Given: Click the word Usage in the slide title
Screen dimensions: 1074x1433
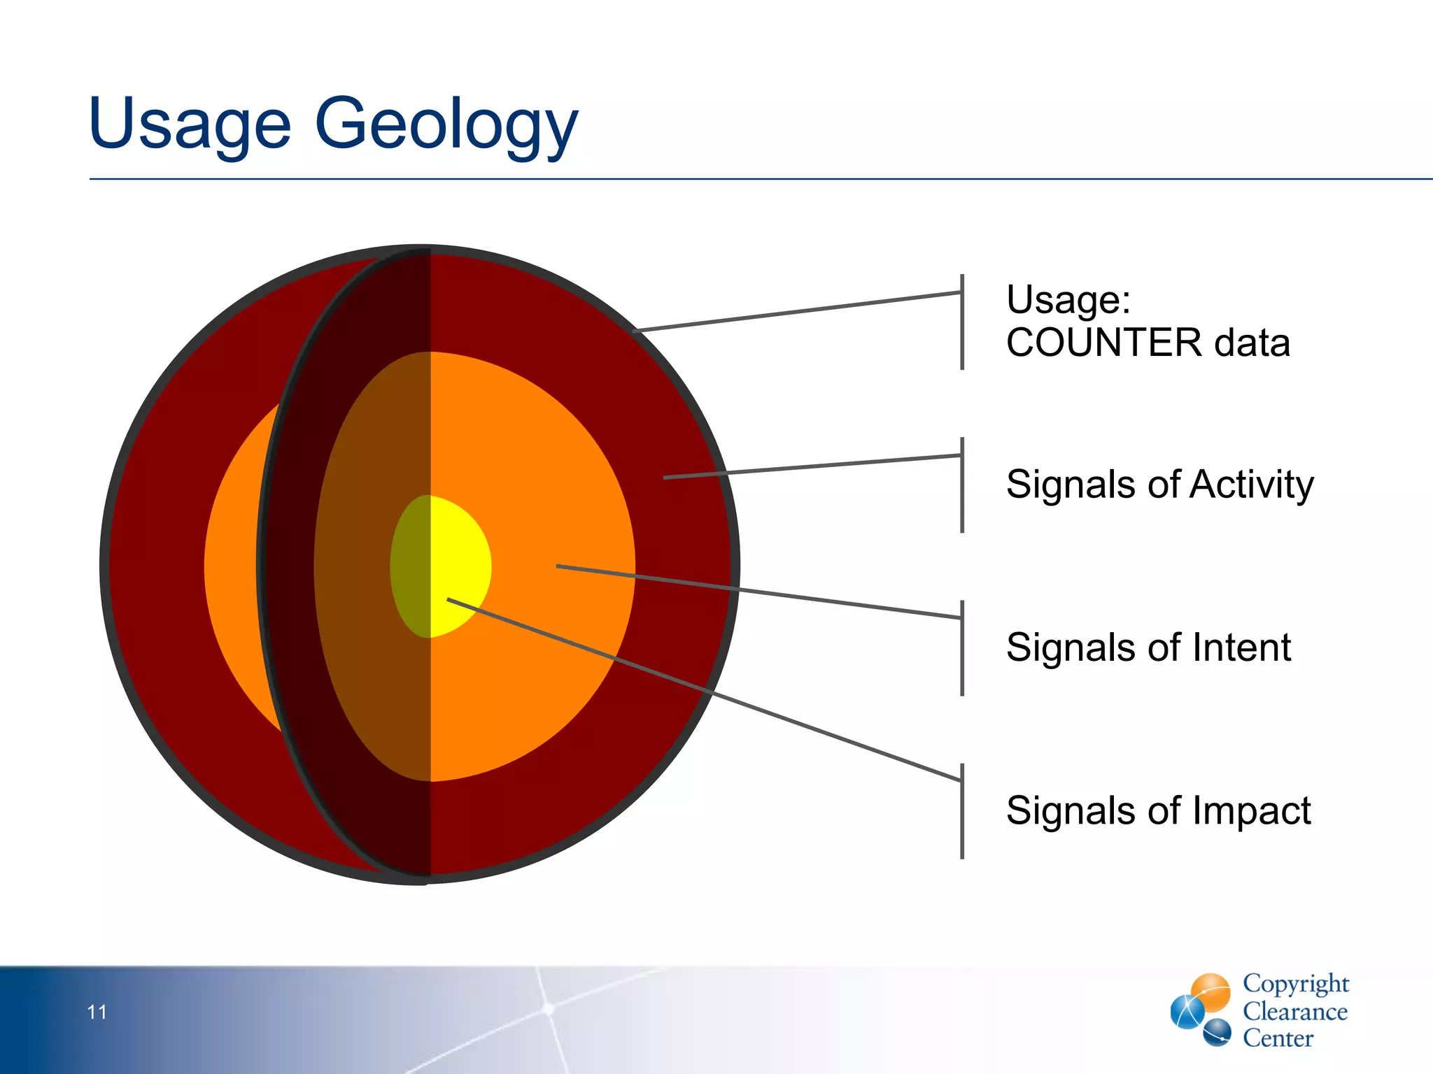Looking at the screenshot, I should tap(189, 124).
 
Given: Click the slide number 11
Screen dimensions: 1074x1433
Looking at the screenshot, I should tap(97, 1012).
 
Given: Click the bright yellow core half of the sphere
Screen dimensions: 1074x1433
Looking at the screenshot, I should tap(458, 559).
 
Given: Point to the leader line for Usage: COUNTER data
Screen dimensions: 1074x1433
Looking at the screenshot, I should tap(798, 312).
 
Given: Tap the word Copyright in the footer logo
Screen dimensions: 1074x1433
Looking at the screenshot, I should tap(1295, 983).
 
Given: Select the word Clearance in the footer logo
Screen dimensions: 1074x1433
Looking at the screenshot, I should tap(1294, 1011).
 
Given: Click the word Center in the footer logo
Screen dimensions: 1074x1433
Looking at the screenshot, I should tap(1278, 1038).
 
